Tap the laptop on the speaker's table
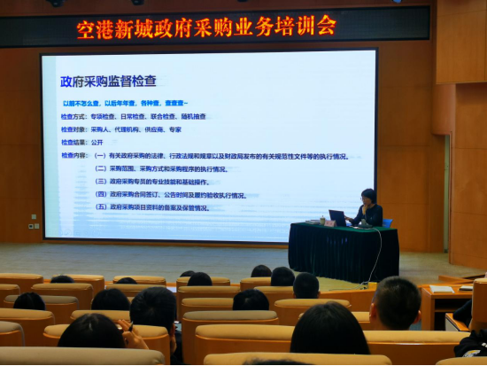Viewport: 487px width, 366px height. coord(339,217)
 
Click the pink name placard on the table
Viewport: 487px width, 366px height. coord(329,222)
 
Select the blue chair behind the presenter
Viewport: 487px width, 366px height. coord(386,222)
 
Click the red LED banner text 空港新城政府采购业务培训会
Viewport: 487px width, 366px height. coord(205,27)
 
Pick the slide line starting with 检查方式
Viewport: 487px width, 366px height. coord(133,116)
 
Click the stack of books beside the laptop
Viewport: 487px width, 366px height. coord(315,221)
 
